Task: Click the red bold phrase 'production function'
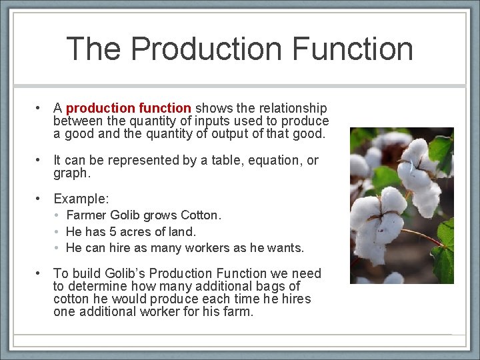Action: click(129, 108)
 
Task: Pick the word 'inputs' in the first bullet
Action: click(209, 121)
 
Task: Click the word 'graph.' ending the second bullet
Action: click(71, 173)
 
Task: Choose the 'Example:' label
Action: click(81, 199)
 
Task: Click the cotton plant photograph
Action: click(401, 205)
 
